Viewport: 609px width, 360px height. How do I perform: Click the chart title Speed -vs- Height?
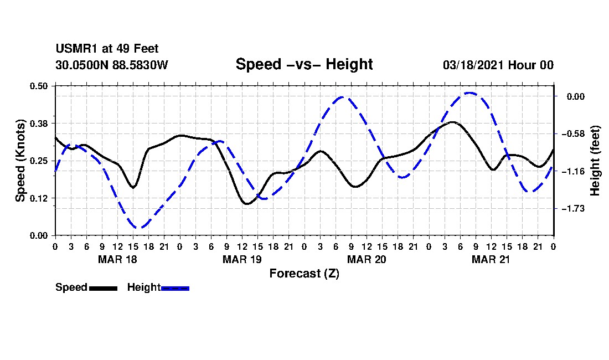click(x=304, y=64)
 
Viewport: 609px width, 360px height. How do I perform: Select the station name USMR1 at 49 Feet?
click(x=107, y=49)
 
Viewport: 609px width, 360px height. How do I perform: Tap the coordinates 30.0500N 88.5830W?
click(x=111, y=65)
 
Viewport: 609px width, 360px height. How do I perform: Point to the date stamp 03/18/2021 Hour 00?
click(x=498, y=65)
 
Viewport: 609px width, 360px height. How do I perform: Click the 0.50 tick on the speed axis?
click(x=39, y=86)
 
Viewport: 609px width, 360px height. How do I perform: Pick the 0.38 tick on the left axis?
click(x=39, y=124)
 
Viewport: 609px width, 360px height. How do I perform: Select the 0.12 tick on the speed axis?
click(x=39, y=198)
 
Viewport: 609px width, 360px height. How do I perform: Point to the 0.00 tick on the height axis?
click(x=576, y=97)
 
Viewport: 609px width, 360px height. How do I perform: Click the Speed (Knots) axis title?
click(x=20, y=161)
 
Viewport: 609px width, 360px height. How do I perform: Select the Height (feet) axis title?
click(x=595, y=161)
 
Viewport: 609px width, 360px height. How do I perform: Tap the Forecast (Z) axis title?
click(x=304, y=274)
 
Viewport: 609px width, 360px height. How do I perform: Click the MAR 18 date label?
click(x=117, y=259)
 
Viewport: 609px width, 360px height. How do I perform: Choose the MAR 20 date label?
click(x=367, y=259)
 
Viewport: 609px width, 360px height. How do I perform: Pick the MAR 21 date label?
click(x=491, y=259)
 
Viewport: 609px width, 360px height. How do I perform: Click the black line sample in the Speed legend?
click(x=103, y=288)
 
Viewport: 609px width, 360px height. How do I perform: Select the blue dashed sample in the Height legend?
click(x=175, y=288)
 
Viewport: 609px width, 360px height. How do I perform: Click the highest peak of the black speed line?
click(x=452, y=122)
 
